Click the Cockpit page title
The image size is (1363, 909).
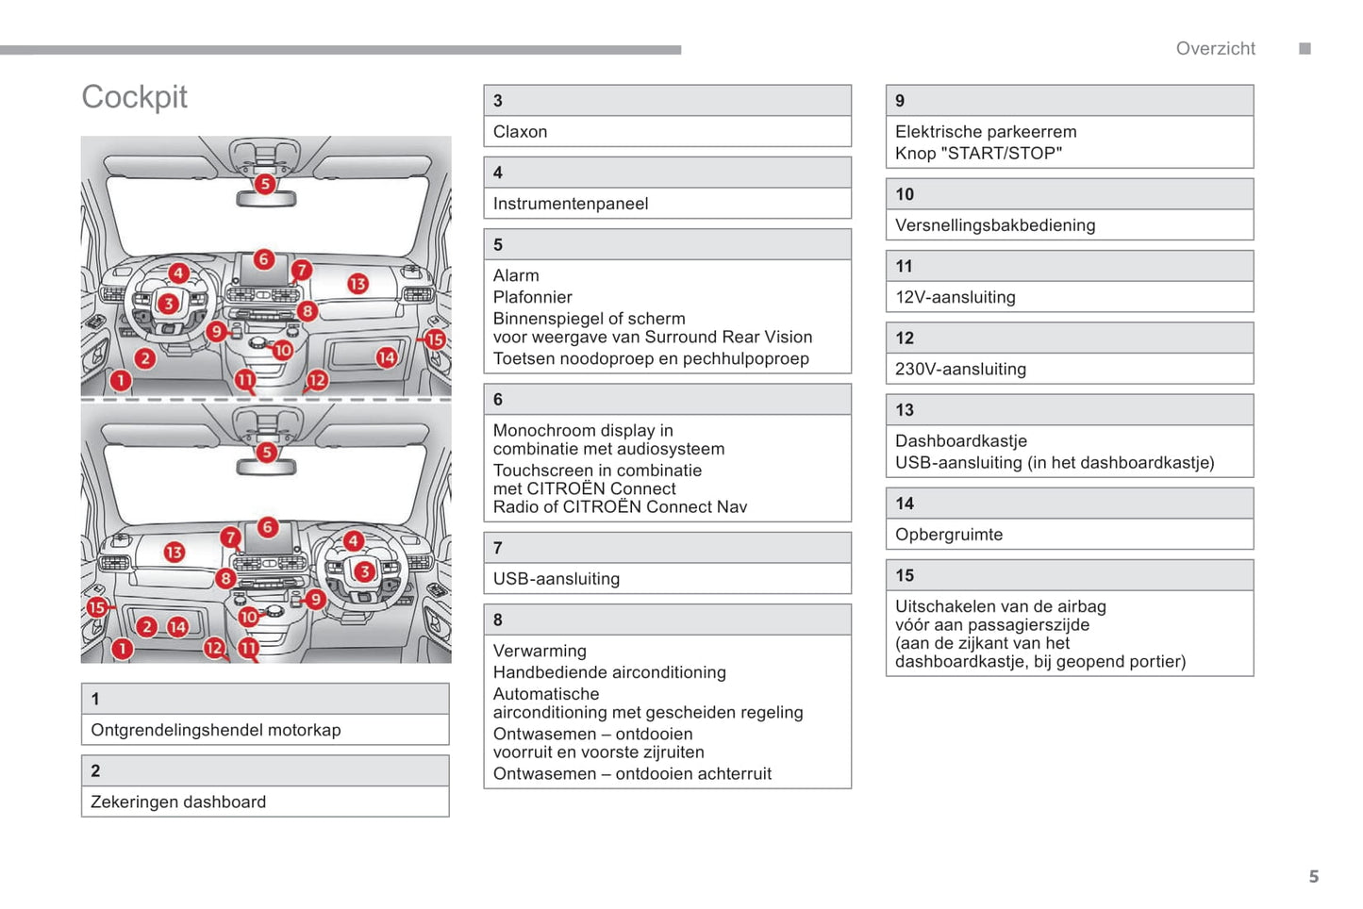pos(134,97)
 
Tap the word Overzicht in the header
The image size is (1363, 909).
pos(1215,49)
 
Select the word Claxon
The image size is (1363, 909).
pos(520,132)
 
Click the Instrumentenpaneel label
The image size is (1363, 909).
pos(570,204)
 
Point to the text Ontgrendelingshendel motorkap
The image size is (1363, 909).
pos(215,730)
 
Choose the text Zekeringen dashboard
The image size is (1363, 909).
pos(178,802)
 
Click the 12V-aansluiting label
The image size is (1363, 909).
pos(955,297)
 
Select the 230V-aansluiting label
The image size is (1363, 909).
pos(960,369)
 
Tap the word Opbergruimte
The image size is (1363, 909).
pos(948,535)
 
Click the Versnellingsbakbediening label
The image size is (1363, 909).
pos(994,225)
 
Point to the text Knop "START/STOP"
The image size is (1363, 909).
pos(978,154)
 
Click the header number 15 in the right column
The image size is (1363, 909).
pos(905,575)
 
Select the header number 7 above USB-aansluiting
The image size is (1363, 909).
pos(498,548)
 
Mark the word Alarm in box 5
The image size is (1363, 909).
pos(516,275)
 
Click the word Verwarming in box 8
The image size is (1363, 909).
pos(540,651)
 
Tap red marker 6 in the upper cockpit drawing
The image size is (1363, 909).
pos(264,258)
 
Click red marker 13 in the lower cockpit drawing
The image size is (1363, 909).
pos(175,552)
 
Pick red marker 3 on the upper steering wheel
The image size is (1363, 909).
pos(168,303)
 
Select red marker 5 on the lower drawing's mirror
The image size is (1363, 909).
pos(267,452)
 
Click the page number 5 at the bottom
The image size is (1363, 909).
pos(1313,877)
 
